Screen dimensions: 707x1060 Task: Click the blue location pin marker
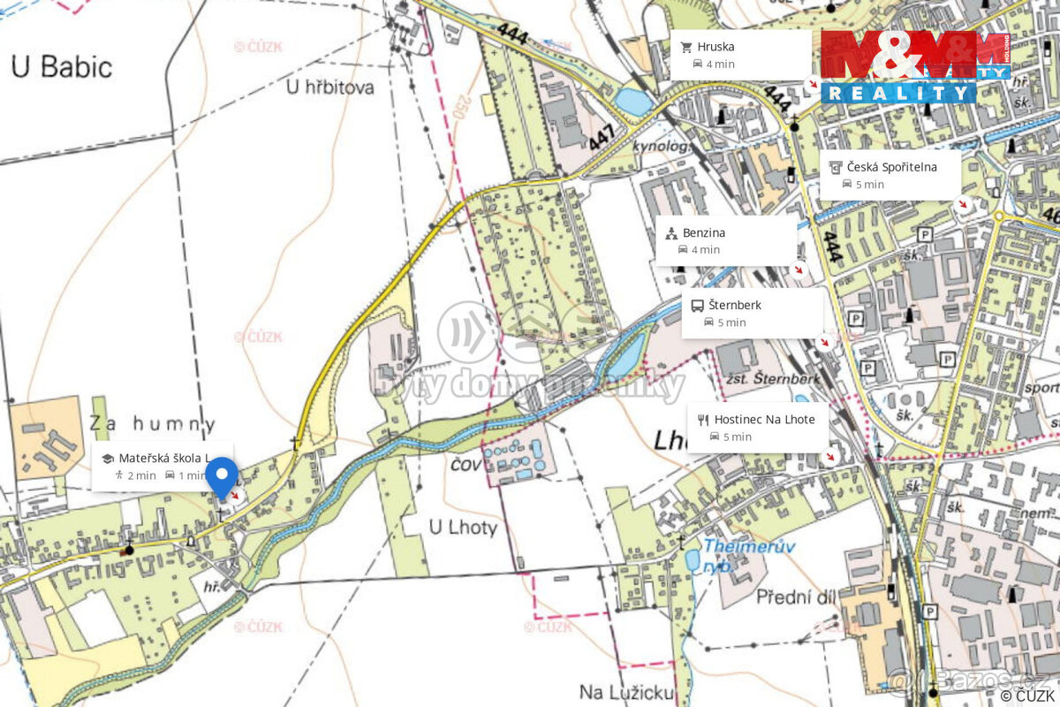(221, 475)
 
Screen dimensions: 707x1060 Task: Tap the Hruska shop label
(715, 47)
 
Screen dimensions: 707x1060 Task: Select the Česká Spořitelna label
(891, 166)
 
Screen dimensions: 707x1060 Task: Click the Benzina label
(703, 232)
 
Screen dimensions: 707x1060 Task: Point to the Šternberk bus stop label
(734, 305)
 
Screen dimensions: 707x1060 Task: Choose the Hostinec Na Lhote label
(764, 419)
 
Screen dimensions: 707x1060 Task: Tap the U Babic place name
(62, 66)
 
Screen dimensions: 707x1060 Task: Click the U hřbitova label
(330, 87)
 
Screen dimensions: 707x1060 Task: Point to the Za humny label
(152, 424)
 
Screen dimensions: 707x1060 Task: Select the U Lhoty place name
(463, 528)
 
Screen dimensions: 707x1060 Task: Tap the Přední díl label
(796, 597)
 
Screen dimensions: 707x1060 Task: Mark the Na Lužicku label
(626, 691)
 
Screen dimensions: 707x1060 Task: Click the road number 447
(601, 136)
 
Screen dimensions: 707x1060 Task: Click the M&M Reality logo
(913, 66)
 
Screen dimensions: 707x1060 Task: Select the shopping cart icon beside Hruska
(686, 47)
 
